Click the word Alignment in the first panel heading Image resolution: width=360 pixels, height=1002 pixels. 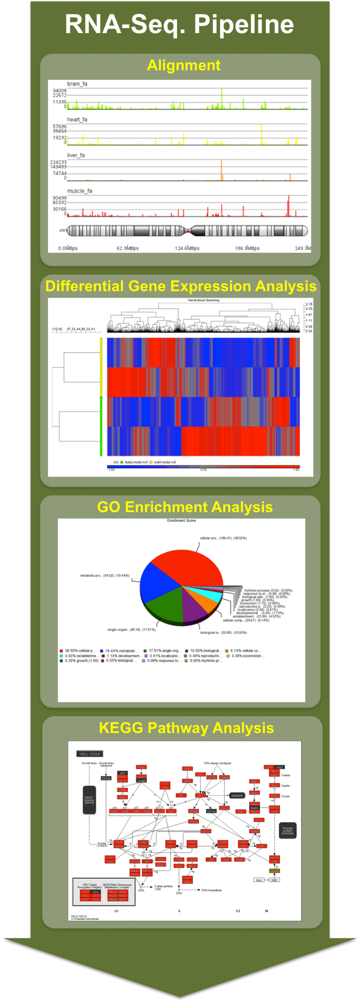tap(184, 65)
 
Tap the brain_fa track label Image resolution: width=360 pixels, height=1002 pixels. tap(77, 84)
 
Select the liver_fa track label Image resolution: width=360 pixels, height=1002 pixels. tap(76, 155)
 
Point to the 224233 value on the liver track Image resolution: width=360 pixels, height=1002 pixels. tap(58, 162)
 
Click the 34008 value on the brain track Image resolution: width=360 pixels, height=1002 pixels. tap(59, 91)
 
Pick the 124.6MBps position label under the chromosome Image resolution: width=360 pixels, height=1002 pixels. tap(187, 248)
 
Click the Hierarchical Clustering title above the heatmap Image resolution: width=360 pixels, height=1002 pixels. tap(204, 300)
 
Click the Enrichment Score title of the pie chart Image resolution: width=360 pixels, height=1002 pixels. tap(181, 520)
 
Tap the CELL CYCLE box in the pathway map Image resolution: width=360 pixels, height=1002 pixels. tap(90, 754)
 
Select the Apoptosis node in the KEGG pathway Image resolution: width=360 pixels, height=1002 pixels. tap(237, 795)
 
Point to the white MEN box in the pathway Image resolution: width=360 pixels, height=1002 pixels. tap(274, 880)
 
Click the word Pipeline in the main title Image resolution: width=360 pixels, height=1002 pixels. tap(243, 24)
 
